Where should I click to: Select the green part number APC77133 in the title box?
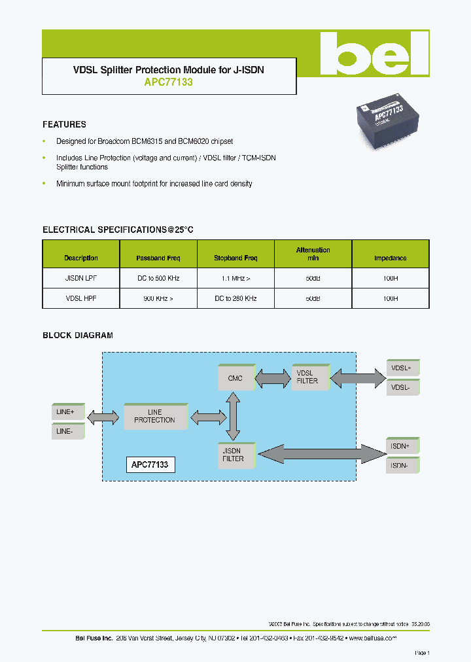pyautogui.click(x=168, y=83)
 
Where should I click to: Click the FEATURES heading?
pyautogui.click(x=64, y=124)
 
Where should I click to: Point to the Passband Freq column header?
pyautogui.click(x=158, y=258)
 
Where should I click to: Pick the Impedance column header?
pyautogui.click(x=390, y=258)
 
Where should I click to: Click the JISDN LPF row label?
pyautogui.click(x=81, y=278)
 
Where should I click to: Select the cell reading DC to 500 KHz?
pyautogui.click(x=158, y=278)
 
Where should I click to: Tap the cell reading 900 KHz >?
pyautogui.click(x=158, y=298)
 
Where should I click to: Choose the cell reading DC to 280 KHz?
pyautogui.click(x=235, y=298)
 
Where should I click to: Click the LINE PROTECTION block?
pyautogui.click(x=154, y=416)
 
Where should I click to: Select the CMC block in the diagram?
pyautogui.click(x=235, y=378)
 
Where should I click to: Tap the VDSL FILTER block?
pyautogui.click(x=307, y=377)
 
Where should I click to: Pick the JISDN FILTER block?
pyautogui.click(x=234, y=455)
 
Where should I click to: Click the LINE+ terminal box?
pyautogui.click(x=67, y=412)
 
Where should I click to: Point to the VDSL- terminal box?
pyautogui.click(x=402, y=387)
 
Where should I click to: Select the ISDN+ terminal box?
pyautogui.click(x=402, y=446)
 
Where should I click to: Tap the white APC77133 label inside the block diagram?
pyautogui.click(x=150, y=465)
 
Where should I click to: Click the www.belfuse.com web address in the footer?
pyautogui.click(x=373, y=638)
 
